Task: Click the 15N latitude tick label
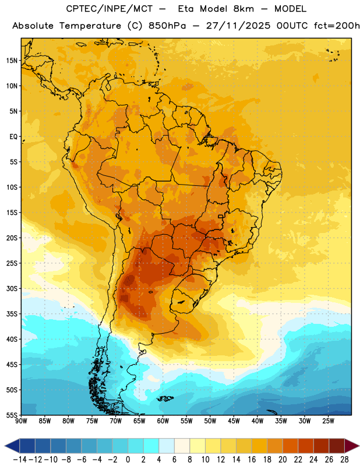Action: pyautogui.click(x=12, y=61)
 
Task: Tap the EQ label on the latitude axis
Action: pyautogui.click(x=13, y=137)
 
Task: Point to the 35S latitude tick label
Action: pyautogui.click(x=12, y=314)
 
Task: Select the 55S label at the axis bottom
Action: pyautogui.click(x=12, y=415)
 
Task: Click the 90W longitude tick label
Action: pyautogui.click(x=21, y=421)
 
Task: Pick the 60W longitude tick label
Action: pyautogui.click(x=163, y=421)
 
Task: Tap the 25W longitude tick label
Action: pyautogui.click(x=328, y=421)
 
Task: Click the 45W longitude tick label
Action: pyautogui.click(x=234, y=421)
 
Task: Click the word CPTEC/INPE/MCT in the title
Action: pyautogui.click(x=110, y=9)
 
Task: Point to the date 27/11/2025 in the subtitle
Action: pyautogui.click(x=238, y=26)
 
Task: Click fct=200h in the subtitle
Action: pyautogui.click(x=337, y=26)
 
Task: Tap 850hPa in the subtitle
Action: pyautogui.click(x=167, y=26)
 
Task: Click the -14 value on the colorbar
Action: pyautogui.click(x=20, y=460)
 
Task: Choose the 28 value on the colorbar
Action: pyautogui.click(x=344, y=460)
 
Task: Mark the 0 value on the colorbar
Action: pyautogui.click(x=128, y=460)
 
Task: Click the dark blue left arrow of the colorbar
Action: pyautogui.click(x=12, y=446)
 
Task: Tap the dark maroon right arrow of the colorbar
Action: pyautogui.click(x=352, y=446)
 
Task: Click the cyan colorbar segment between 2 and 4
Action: pyautogui.click(x=151, y=446)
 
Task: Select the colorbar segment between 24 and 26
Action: pyautogui.click(x=322, y=446)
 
